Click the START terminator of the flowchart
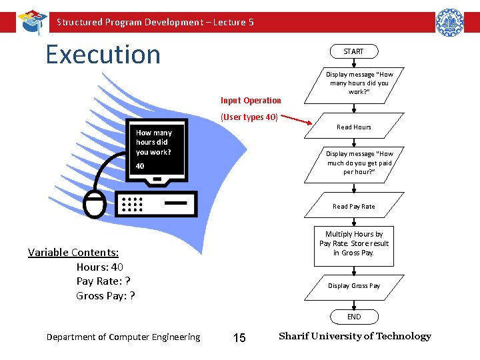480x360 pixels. tap(353, 51)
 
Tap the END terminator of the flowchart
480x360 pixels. tap(354, 317)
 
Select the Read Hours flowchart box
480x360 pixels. tap(354, 127)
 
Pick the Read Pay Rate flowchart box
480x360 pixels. tap(354, 206)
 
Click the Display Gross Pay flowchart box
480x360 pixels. tap(354, 285)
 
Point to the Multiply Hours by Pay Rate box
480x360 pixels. tap(354, 243)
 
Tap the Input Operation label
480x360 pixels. tap(251, 101)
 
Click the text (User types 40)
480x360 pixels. tap(249, 117)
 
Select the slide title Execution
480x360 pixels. tap(103, 54)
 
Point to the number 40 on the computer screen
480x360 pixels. tap(141, 166)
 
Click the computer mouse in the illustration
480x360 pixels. tap(94, 203)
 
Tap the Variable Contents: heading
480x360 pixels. tap(73, 252)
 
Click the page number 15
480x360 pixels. tap(239, 338)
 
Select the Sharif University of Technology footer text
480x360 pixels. tap(355, 336)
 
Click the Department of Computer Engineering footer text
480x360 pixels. tap(123, 337)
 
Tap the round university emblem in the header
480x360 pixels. tap(449, 22)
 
